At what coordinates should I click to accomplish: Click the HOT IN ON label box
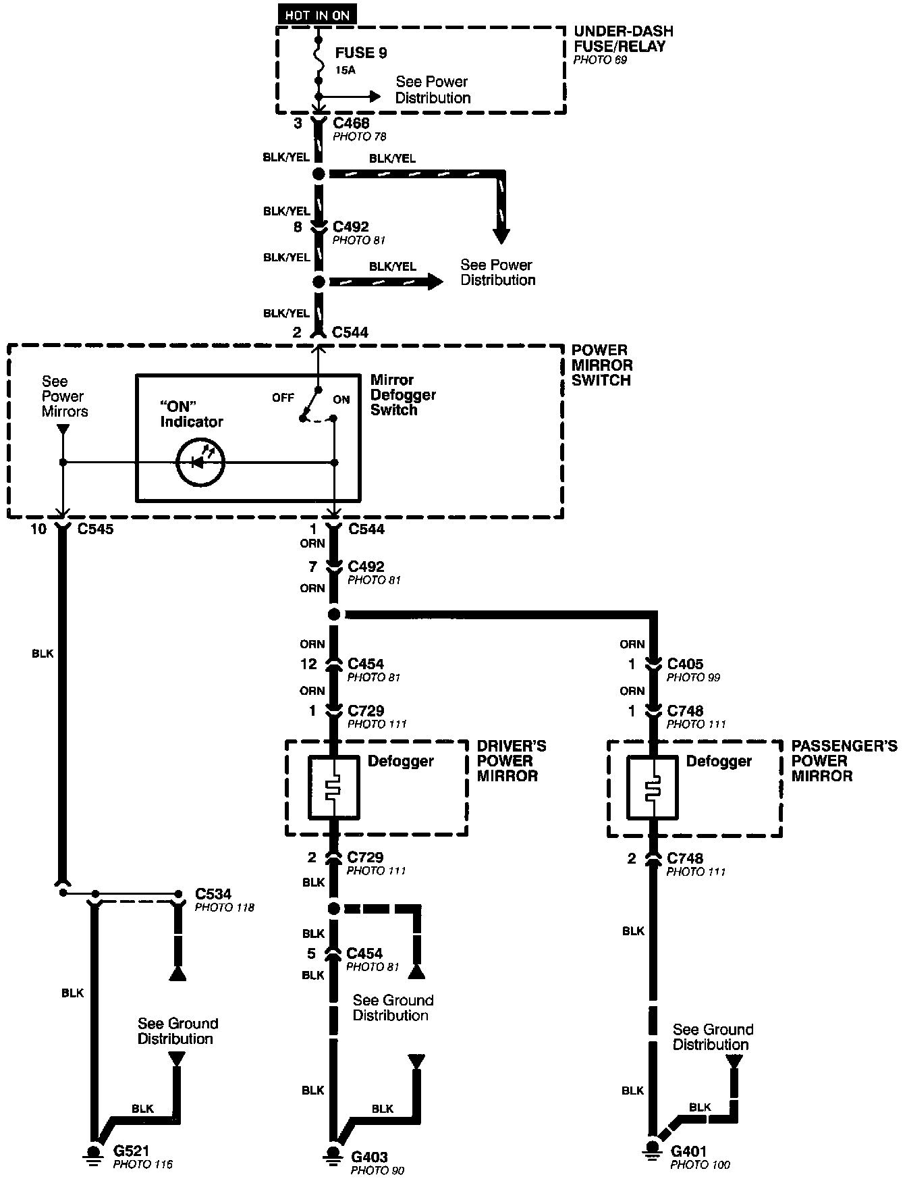(317, 15)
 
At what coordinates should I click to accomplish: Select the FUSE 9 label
(361, 53)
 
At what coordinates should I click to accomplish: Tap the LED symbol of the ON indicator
(200, 463)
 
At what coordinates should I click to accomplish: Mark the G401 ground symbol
(652, 1148)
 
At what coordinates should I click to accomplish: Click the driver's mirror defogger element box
(333, 787)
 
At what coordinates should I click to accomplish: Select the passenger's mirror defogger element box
(652, 787)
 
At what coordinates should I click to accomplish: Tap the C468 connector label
(351, 124)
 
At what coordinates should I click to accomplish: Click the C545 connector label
(95, 529)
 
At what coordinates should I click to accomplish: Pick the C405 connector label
(685, 664)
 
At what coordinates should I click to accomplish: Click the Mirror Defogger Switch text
(403, 395)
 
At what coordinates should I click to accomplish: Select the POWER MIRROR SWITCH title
(602, 365)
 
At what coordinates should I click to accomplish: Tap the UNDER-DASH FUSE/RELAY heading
(623, 39)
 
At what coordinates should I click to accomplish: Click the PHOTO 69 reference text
(600, 60)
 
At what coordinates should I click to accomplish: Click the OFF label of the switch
(283, 398)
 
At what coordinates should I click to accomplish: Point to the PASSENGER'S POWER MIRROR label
(844, 761)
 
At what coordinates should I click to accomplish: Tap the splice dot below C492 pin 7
(333, 614)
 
